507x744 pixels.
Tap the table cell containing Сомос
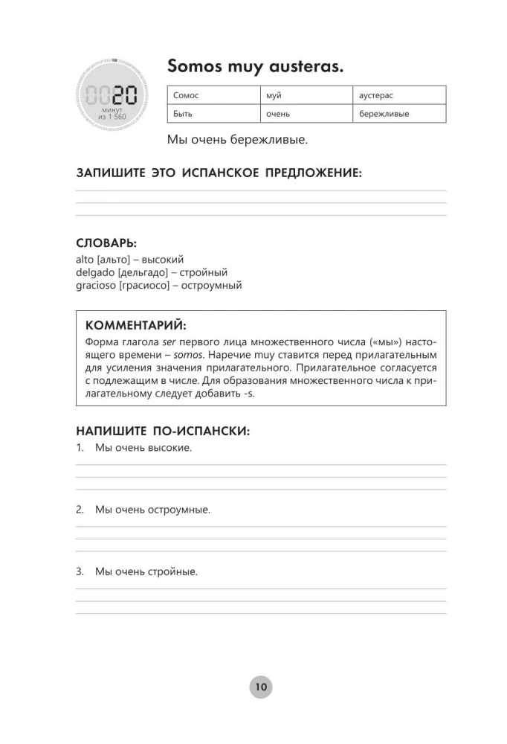point(214,95)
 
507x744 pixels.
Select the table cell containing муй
point(306,95)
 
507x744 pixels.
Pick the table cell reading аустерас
point(399,95)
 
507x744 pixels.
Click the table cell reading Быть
point(214,114)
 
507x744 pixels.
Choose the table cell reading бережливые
point(399,114)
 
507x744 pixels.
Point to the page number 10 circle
point(260,687)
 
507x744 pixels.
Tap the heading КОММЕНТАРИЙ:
point(136,326)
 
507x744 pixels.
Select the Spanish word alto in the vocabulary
point(84,260)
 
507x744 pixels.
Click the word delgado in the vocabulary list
point(94,272)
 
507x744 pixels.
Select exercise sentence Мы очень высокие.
point(143,448)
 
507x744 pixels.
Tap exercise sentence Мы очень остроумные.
point(152,510)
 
